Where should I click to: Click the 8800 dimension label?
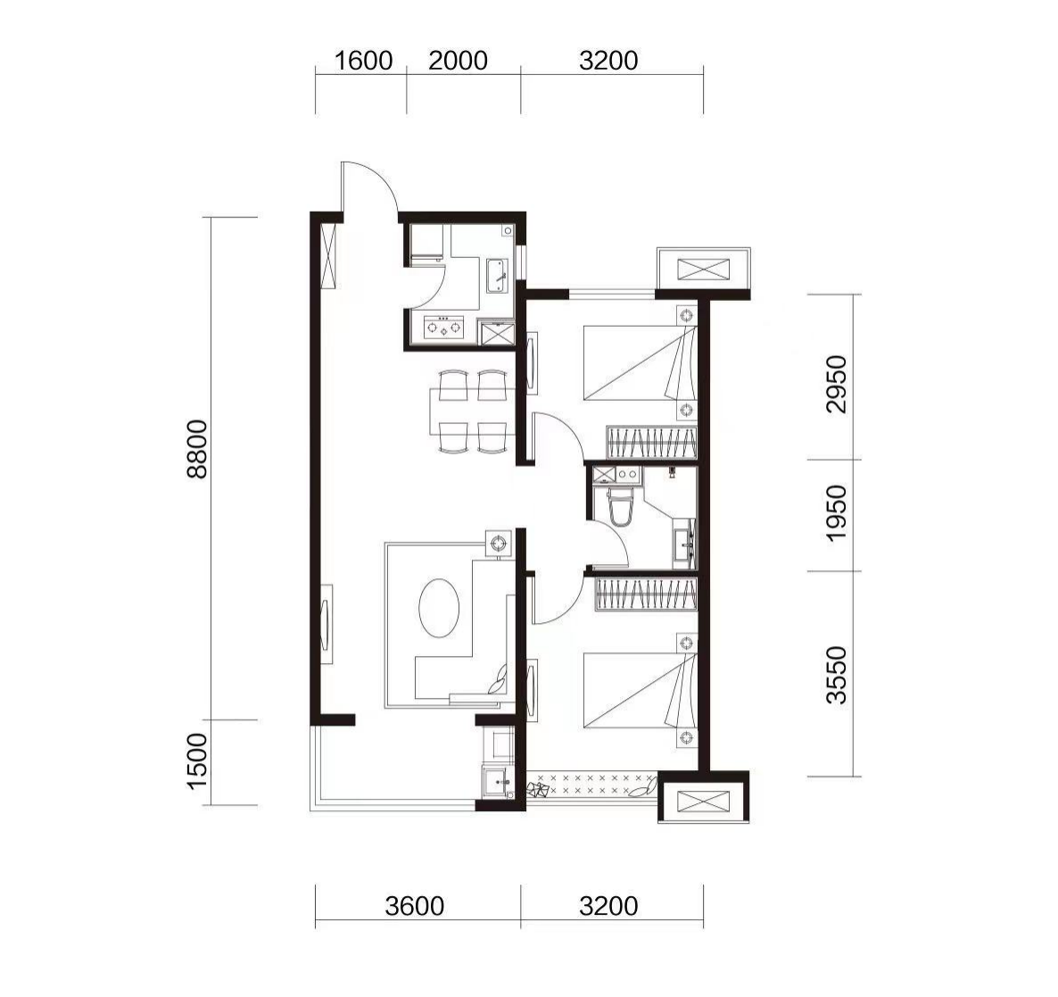(x=198, y=449)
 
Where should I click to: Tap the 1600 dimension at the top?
(x=364, y=61)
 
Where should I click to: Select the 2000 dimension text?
(x=459, y=61)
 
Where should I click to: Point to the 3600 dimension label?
(x=414, y=906)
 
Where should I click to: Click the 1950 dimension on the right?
(x=836, y=513)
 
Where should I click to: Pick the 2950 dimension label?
(x=836, y=384)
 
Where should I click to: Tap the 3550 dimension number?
(x=836, y=675)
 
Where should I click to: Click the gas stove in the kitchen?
(x=444, y=328)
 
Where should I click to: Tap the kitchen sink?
(x=498, y=276)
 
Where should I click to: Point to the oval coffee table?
(x=439, y=607)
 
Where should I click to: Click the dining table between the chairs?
(x=472, y=411)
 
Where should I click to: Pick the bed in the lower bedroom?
(x=640, y=690)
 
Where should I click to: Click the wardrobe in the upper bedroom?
(x=651, y=442)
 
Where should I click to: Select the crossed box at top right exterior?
(x=703, y=270)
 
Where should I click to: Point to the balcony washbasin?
(x=498, y=782)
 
